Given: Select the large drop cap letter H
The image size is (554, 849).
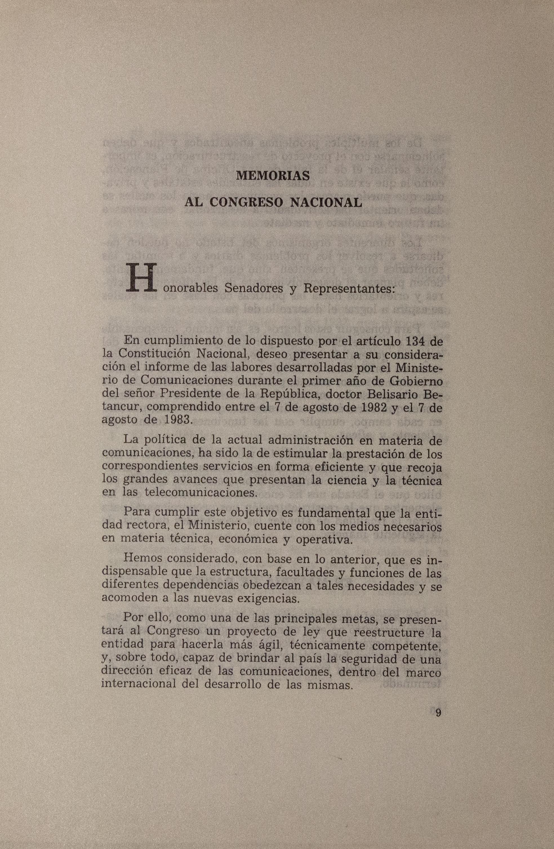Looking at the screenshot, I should pos(141,278).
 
